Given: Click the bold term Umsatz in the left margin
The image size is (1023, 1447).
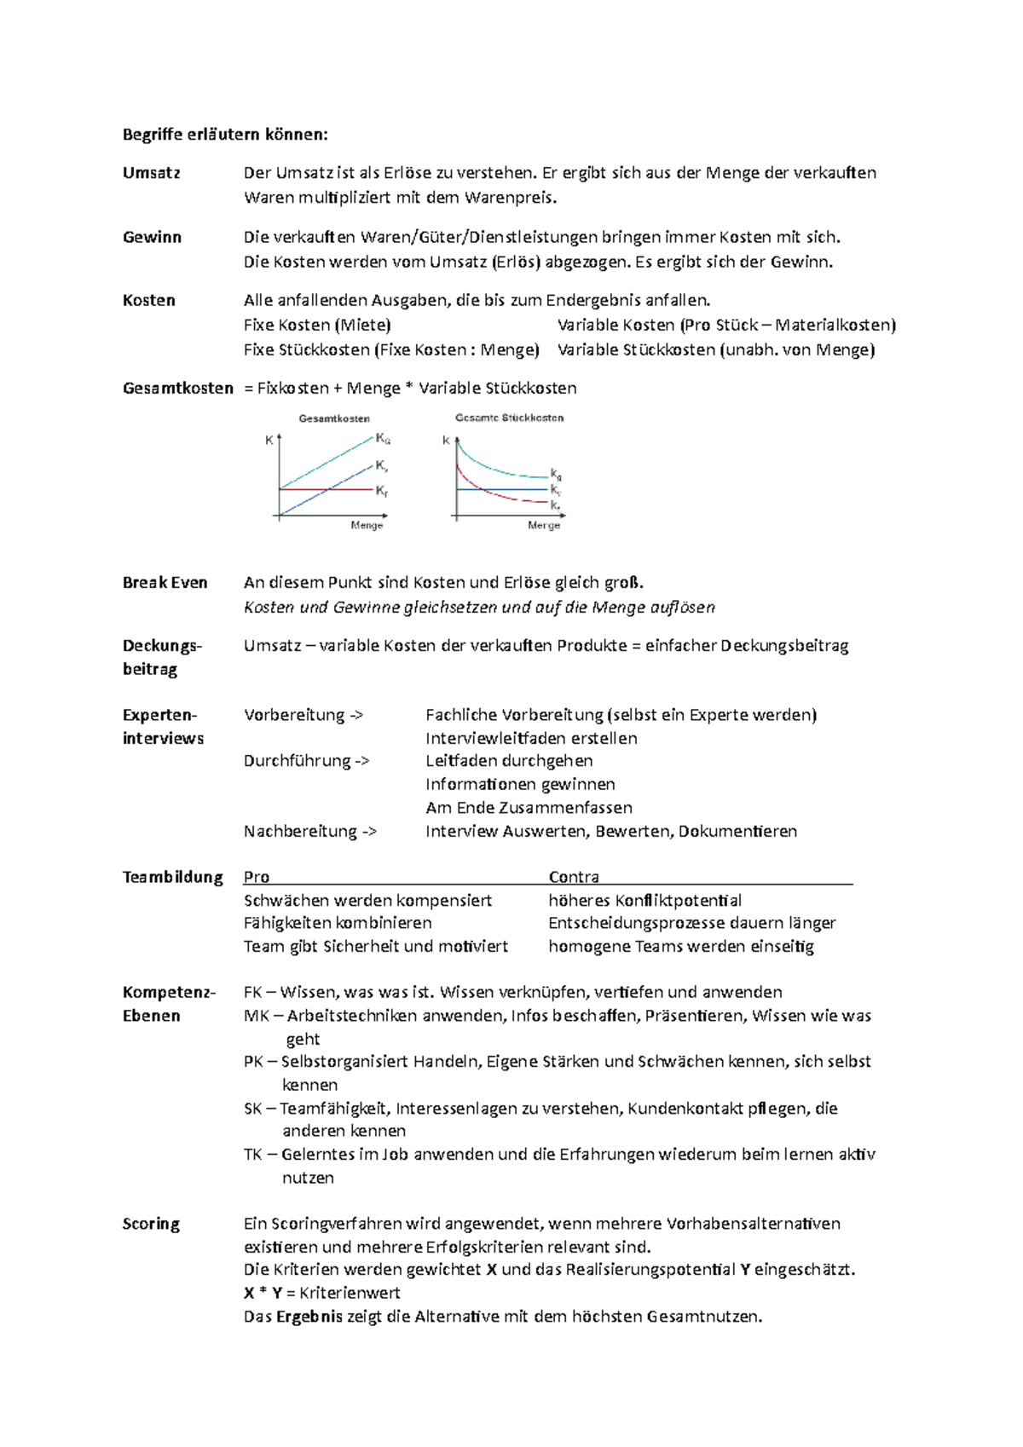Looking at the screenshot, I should point(152,173).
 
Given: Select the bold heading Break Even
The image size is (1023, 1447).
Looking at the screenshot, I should point(165,583).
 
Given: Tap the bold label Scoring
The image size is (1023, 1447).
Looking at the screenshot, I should point(151,1224).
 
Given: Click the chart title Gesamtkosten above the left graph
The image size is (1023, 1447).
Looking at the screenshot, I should point(334,418).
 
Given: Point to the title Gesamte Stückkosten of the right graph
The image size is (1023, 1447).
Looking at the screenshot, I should point(509,418).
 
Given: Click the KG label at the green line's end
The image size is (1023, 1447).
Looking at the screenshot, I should point(383,439).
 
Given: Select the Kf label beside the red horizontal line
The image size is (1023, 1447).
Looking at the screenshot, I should point(382,492).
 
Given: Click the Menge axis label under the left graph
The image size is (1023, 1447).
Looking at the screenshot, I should point(367,526).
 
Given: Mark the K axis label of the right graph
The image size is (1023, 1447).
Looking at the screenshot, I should point(446,441).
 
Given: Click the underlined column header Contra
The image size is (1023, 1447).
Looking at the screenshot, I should point(574,877).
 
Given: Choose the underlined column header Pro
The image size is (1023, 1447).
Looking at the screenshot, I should point(257,877).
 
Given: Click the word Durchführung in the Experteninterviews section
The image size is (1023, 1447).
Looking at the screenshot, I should point(297,761).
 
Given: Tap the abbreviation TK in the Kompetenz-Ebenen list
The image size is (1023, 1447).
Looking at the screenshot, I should point(252,1155).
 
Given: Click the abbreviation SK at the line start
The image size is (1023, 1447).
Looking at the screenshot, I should point(252,1109).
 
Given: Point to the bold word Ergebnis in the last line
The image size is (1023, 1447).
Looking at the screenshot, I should point(309,1317).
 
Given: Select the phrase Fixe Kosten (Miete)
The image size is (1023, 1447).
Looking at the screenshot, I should point(317,325).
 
